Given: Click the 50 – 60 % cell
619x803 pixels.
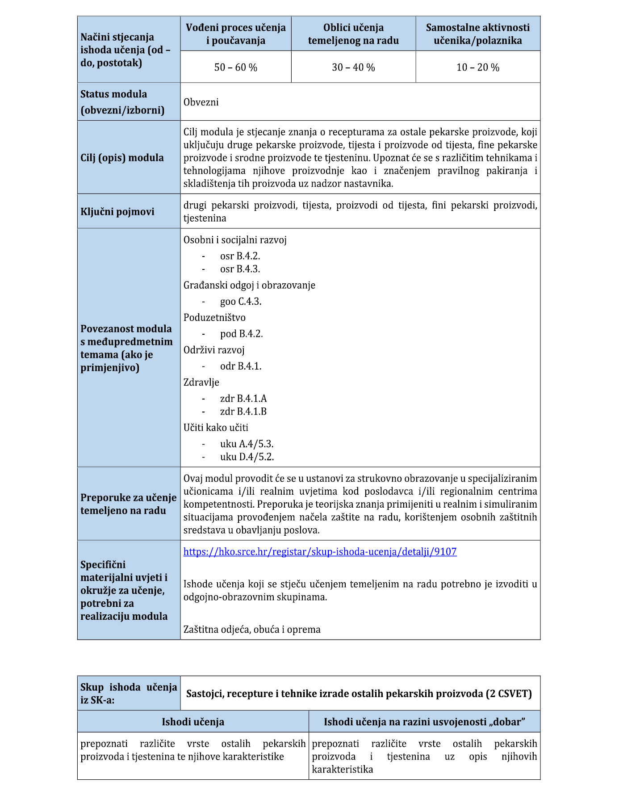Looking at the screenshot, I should (236, 67).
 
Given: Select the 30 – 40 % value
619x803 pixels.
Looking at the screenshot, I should (353, 67).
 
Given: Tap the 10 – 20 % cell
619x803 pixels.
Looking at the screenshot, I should (478, 67).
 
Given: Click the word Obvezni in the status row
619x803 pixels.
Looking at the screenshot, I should (201, 102).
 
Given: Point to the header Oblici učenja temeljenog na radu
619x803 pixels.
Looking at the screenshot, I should (353, 34).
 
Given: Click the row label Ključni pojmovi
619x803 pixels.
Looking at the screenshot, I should (117, 212).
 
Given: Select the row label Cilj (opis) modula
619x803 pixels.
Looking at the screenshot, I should (122, 158).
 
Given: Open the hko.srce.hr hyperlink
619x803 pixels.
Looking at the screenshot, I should (320, 551).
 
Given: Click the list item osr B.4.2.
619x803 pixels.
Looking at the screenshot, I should (240, 256).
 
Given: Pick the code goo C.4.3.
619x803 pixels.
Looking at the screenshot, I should (241, 302).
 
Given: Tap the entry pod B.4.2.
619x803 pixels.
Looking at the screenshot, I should (241, 334).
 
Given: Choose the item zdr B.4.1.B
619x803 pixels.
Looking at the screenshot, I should (243, 412).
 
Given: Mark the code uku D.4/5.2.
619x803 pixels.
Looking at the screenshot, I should (247, 457).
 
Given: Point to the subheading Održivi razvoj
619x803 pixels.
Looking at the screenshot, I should (214, 350).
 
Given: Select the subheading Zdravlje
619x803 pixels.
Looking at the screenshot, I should (201, 383).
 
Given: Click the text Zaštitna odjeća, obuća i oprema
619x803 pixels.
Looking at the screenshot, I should (252, 630).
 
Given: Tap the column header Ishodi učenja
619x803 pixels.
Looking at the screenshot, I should (193, 722).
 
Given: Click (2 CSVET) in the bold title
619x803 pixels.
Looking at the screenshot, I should (509, 694).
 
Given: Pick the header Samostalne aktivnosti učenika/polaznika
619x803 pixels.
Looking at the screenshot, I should (478, 34).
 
